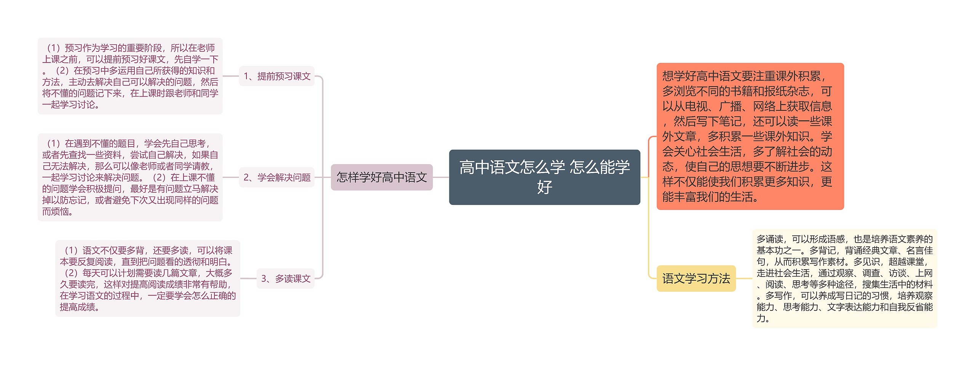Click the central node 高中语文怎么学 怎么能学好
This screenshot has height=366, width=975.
tap(544, 177)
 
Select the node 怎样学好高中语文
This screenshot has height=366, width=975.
tap(381, 177)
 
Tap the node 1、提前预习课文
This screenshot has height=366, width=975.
tap(277, 76)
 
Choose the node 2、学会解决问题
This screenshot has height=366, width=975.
tap(277, 177)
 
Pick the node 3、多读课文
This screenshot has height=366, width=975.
tap(285, 279)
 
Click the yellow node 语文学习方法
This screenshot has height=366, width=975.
tap(696, 278)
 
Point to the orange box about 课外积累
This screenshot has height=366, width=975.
tap(750, 136)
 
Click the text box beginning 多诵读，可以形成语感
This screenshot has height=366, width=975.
tap(844, 278)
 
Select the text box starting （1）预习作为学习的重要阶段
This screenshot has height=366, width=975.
tap(130, 76)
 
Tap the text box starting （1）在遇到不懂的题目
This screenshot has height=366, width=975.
tap(130, 177)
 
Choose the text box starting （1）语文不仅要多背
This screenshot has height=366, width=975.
tap(148, 278)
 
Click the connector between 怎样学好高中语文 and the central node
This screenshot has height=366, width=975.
tap(441, 177)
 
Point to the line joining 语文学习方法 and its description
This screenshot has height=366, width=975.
tap(744, 278)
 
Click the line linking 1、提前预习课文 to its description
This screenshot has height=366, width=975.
tap(230, 76)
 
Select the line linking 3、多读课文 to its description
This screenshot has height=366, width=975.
tap(248, 279)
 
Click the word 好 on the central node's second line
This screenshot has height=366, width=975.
tap(545, 187)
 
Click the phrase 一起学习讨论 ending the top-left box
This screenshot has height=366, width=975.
tap(69, 105)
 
